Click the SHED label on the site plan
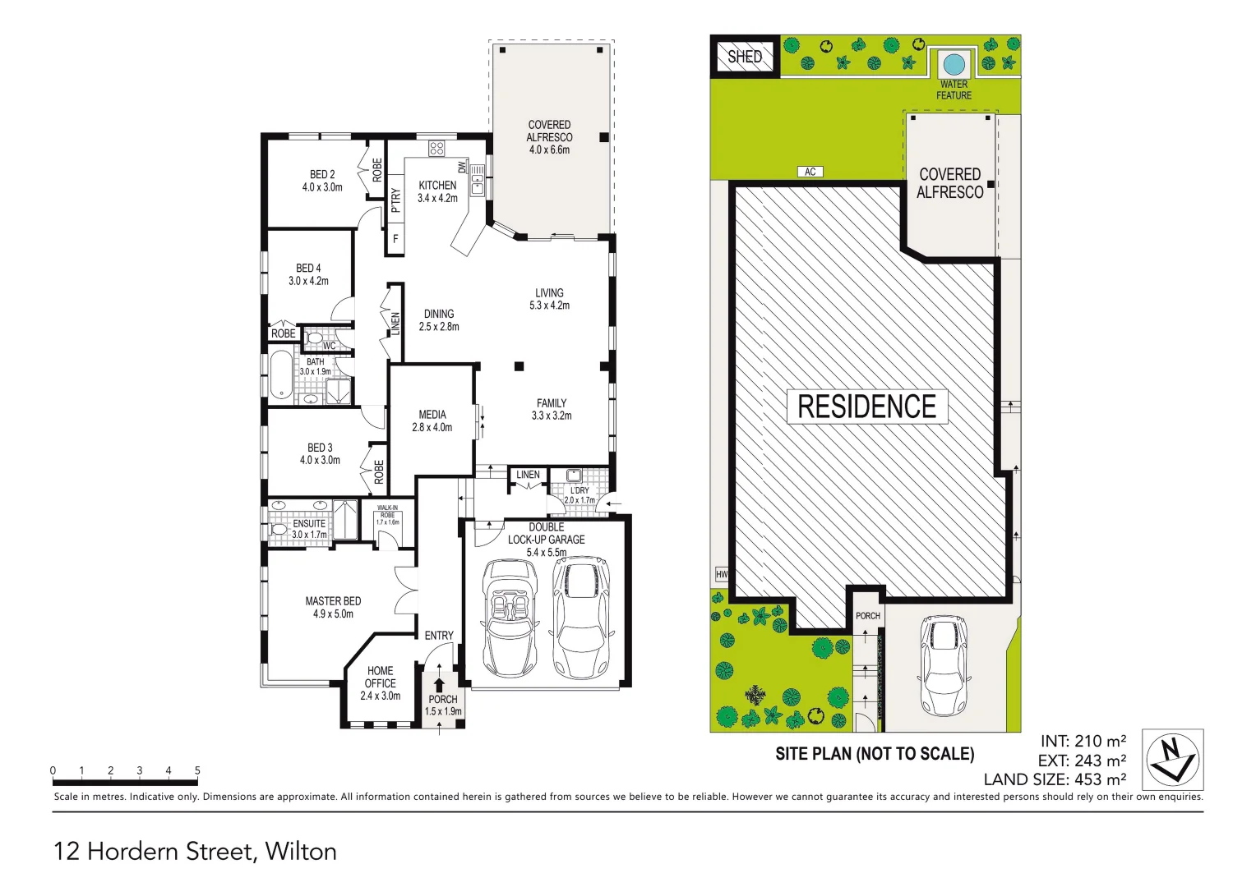(x=745, y=57)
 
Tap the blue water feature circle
(x=954, y=63)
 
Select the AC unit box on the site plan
(x=810, y=172)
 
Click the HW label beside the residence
(x=722, y=574)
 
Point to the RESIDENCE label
(x=867, y=407)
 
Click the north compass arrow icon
(x=1173, y=760)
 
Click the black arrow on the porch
(x=439, y=684)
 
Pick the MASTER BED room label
(x=333, y=607)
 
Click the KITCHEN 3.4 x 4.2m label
(x=437, y=191)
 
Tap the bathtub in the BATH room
(x=281, y=376)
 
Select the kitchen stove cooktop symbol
(x=436, y=149)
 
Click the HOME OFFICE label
(x=380, y=682)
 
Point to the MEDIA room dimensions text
(x=432, y=427)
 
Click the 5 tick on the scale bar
(x=197, y=770)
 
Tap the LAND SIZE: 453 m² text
(x=1055, y=779)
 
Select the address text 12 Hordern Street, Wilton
(x=195, y=851)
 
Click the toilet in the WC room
(x=315, y=338)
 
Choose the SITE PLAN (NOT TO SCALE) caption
(x=875, y=754)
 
